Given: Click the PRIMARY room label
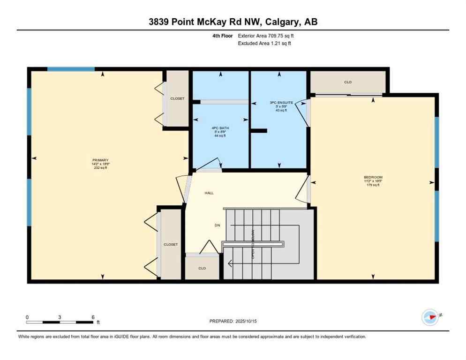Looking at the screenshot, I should click(x=100, y=160).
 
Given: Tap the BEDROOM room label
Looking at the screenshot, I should click(x=373, y=177).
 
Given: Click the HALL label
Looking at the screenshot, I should click(x=209, y=193).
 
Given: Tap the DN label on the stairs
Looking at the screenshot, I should click(x=218, y=225).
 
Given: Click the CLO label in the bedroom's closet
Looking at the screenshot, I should click(x=348, y=82).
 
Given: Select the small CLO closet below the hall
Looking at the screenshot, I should click(x=202, y=269).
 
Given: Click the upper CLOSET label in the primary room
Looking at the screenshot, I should click(x=177, y=98).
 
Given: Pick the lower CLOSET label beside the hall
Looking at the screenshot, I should click(x=171, y=245).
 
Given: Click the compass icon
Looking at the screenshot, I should click(x=430, y=317).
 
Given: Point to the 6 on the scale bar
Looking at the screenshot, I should click(x=93, y=317).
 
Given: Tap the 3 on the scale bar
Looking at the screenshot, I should click(x=60, y=317).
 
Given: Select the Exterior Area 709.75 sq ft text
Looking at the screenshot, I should click(x=266, y=35).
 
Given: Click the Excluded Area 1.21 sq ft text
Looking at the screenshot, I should click(x=265, y=44).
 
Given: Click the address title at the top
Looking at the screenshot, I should click(x=233, y=22).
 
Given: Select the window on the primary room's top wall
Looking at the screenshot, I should click(x=71, y=69).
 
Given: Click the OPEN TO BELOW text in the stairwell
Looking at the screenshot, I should click(x=254, y=244).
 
